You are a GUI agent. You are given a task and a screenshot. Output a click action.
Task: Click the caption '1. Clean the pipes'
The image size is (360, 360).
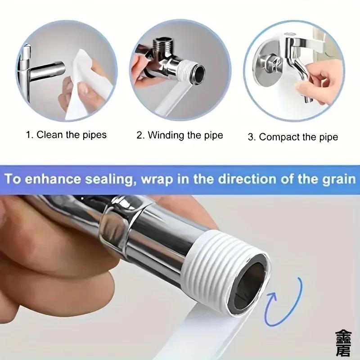pyautogui.click(x=66, y=135)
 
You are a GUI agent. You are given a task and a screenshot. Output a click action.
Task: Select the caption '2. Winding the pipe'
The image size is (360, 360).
pyautogui.click(x=180, y=135)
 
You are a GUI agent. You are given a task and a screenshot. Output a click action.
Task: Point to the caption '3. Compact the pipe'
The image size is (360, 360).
pyautogui.click(x=292, y=137)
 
